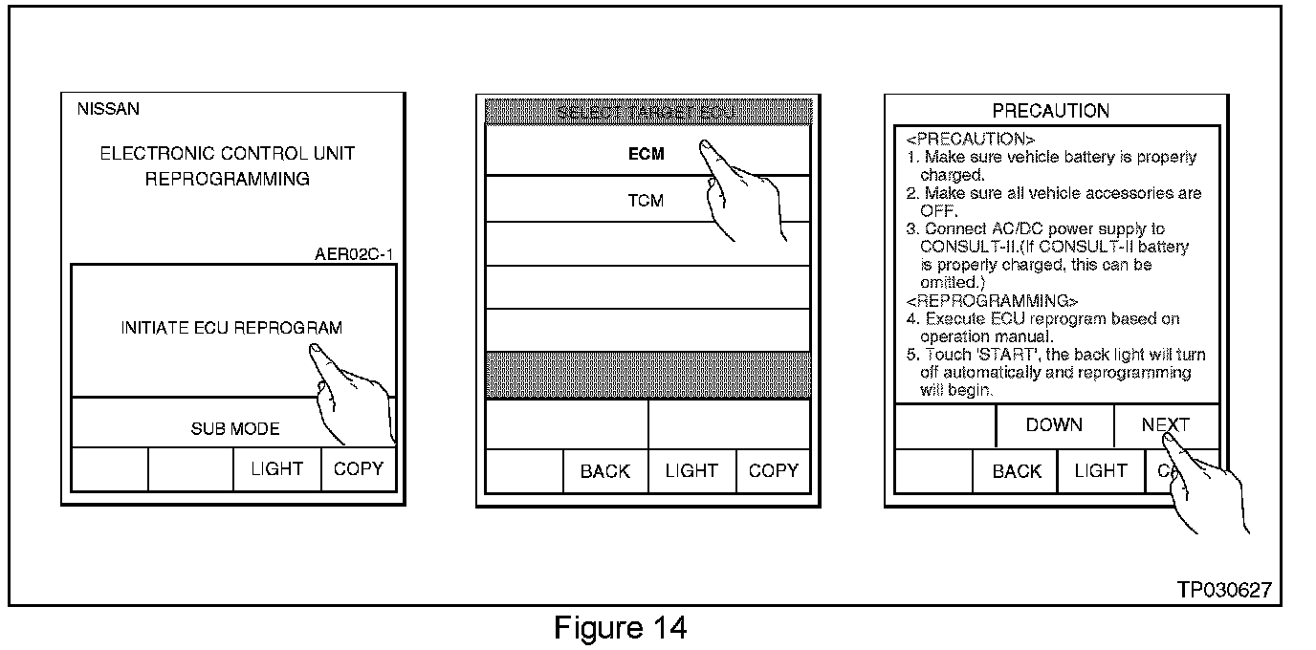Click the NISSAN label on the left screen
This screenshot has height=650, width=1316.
pyautogui.click(x=108, y=109)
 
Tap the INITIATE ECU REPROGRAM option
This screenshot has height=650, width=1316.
pyautogui.click(x=231, y=328)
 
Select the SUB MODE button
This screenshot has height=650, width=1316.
pyautogui.click(x=234, y=429)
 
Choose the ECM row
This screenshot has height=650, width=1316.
pyautogui.click(x=646, y=153)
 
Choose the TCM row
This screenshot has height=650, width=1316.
pyautogui.click(x=646, y=201)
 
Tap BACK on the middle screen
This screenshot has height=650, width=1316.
pyautogui.click(x=605, y=471)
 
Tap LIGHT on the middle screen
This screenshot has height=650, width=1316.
pyautogui.click(x=691, y=471)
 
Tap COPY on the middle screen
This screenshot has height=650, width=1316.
pyautogui.click(x=773, y=471)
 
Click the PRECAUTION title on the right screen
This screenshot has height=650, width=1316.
pyautogui.click(x=1050, y=111)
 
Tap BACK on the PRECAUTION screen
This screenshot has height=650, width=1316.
pyautogui.click(x=1016, y=471)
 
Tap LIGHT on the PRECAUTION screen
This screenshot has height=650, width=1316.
pyautogui.click(x=1101, y=471)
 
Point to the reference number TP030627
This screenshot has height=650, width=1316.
pyautogui.click(x=1224, y=590)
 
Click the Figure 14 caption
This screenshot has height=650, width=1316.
pyautogui.click(x=620, y=628)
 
